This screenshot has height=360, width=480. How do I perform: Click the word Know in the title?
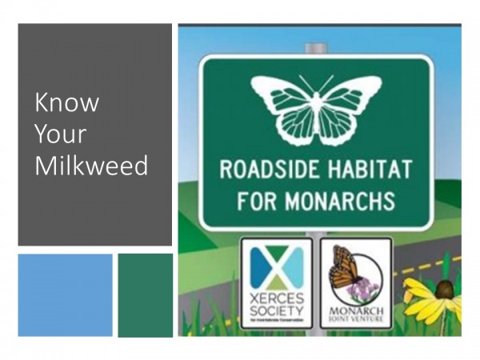66,103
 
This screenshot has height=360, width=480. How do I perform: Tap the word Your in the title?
61,134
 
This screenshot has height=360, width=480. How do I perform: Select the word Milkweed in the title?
91,166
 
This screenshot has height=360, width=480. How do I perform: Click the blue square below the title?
65,294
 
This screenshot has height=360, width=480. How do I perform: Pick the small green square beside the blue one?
145,294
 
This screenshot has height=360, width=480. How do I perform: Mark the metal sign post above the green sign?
316,48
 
